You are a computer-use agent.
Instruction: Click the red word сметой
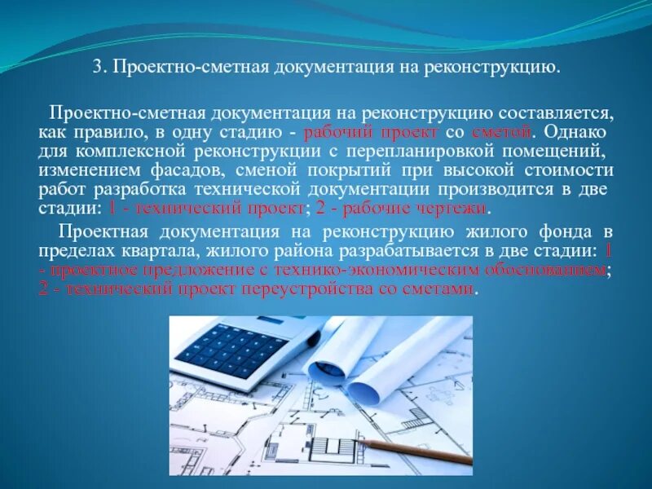509,131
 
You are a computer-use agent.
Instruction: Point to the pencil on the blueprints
416,451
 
